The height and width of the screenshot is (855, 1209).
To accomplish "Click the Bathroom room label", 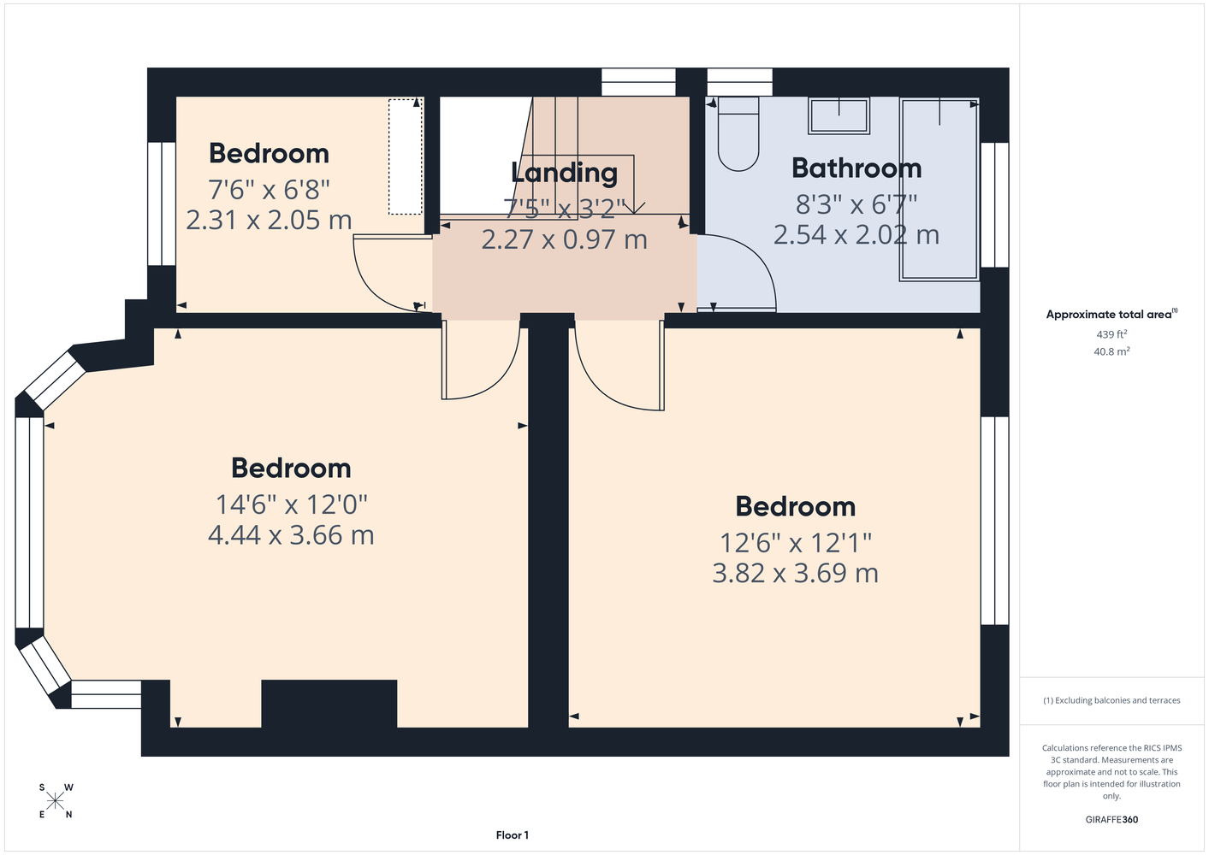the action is point(856,168).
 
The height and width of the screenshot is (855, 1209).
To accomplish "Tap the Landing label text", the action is point(564,173).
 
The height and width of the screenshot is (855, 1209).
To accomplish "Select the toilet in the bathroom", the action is point(738,133).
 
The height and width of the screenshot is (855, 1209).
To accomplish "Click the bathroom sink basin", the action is point(839,115).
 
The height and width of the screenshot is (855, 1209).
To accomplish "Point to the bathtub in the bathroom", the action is point(939,189).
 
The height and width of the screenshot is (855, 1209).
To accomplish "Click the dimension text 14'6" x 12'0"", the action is point(292,505).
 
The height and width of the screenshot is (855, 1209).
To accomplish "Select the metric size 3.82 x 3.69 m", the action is point(795,573).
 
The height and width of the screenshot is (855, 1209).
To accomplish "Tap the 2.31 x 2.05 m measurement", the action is point(269,220).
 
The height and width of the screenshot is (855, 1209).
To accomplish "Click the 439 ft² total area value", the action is point(1111,334).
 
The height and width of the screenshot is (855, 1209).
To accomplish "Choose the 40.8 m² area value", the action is point(1111,351).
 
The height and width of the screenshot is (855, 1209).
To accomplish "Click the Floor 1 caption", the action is point(513,835).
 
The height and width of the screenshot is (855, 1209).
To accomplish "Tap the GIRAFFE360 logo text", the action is point(1111,819).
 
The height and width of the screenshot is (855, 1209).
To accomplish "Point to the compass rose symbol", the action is point(55,801).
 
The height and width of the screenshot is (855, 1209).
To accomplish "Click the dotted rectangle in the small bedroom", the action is point(406,156).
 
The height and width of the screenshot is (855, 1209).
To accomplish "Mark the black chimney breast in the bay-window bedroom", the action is point(329,704).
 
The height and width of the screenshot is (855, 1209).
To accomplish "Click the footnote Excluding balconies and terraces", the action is point(1111,700).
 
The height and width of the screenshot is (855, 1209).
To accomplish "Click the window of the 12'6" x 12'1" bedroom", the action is point(994,521).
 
